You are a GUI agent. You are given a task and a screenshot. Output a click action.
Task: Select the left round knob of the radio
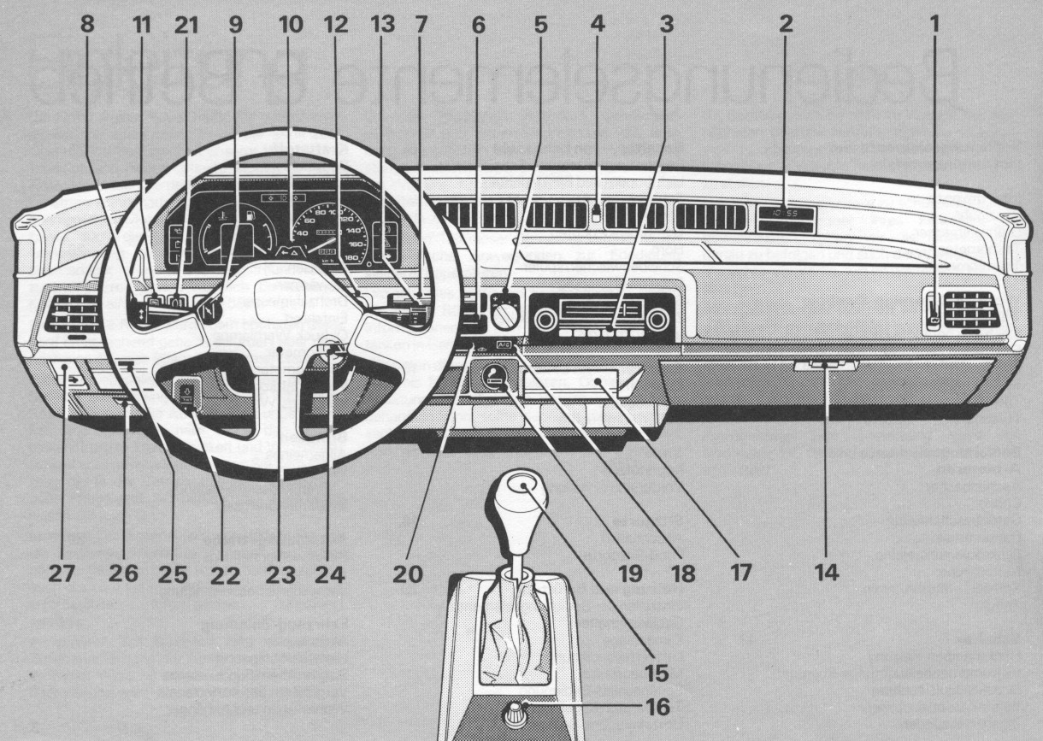[x=545, y=321]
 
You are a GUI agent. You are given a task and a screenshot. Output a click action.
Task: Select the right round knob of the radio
[x=657, y=321]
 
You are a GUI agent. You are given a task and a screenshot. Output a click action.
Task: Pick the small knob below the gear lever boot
[x=516, y=709]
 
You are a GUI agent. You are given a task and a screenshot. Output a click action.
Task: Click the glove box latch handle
[x=825, y=366]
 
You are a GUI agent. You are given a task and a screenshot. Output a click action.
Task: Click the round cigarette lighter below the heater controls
[x=493, y=376]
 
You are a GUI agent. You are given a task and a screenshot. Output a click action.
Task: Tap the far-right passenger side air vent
[x=969, y=309]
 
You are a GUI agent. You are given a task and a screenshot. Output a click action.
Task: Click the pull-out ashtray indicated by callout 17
[x=581, y=380]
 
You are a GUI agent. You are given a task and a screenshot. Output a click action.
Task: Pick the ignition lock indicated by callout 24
[x=331, y=352]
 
